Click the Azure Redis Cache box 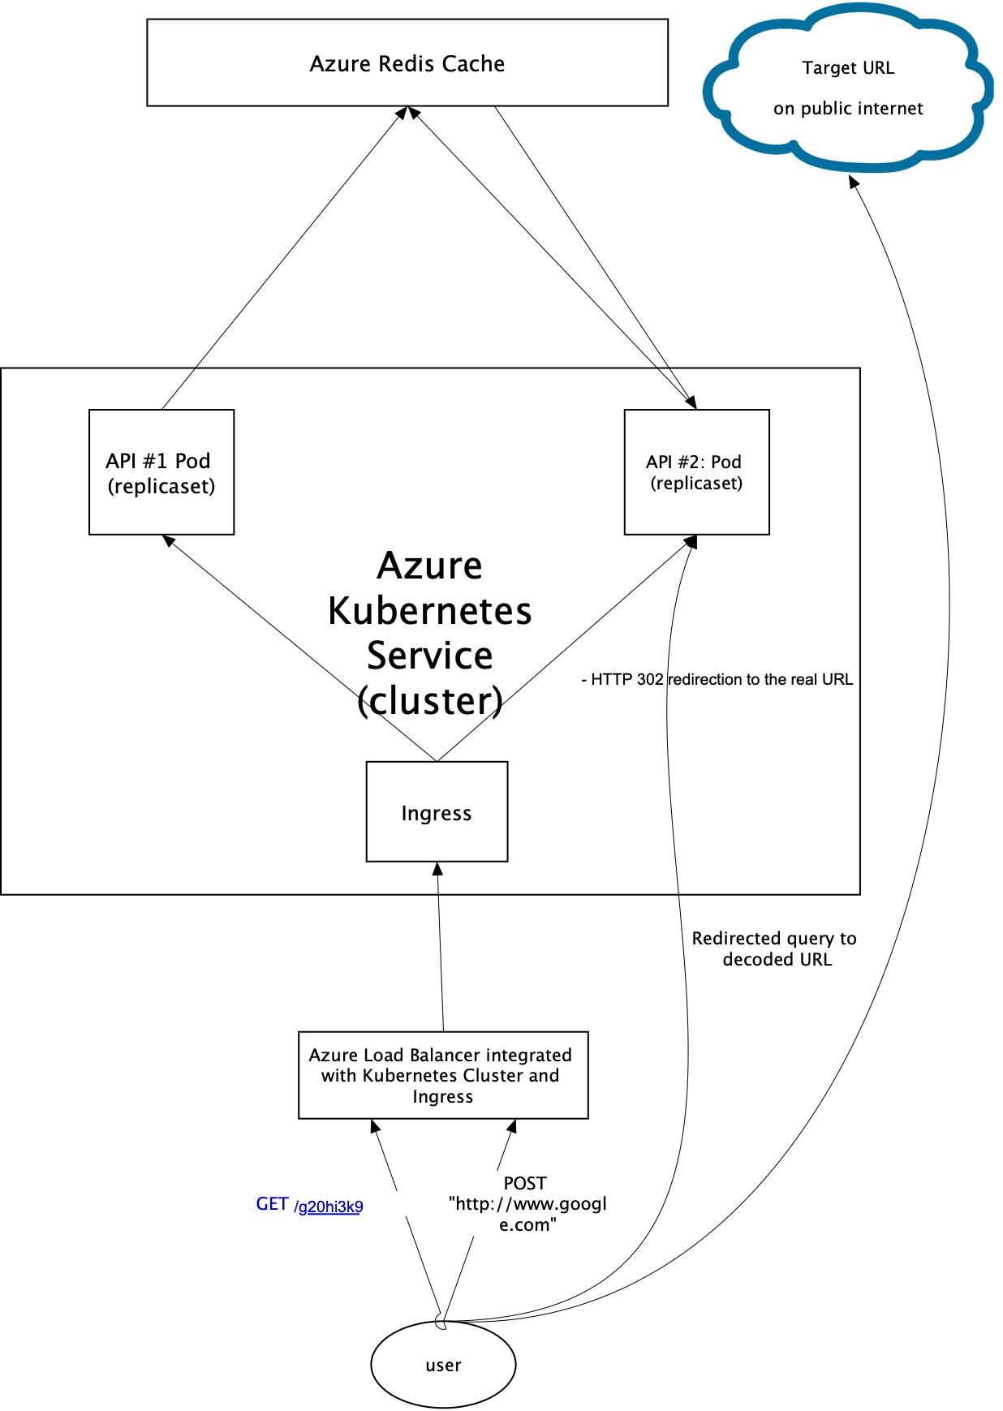point(407,63)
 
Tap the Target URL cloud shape point(848,88)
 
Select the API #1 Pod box point(161,472)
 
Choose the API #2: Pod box point(696,472)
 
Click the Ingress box point(437,812)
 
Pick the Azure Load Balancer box point(443,1075)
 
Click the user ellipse point(443,1365)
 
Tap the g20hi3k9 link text point(330,1207)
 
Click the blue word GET point(272,1204)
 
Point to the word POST point(525,1183)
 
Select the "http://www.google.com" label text point(527,1214)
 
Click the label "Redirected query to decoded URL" point(775,949)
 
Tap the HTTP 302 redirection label point(718,679)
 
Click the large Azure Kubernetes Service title point(430,633)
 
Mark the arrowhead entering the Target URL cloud point(853,181)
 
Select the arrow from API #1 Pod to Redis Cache point(284,257)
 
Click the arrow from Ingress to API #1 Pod point(300,648)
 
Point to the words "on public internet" point(848,109)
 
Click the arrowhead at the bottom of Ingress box point(438,868)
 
